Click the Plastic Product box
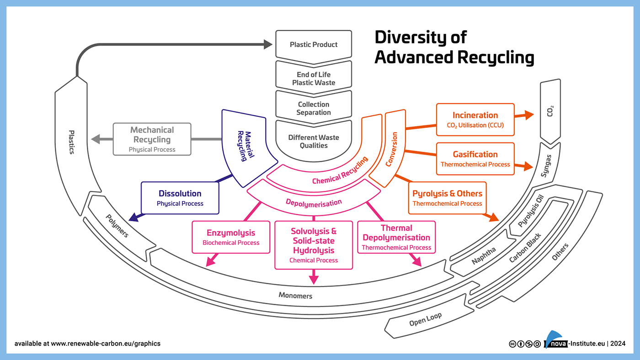[x=314, y=45]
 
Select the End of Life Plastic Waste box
[x=314, y=79]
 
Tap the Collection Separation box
[x=314, y=108]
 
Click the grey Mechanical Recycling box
[x=152, y=139]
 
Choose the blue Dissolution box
[x=180, y=198]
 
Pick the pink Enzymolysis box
[x=231, y=237]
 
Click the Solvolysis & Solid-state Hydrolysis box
[x=314, y=245]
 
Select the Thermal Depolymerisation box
[x=396, y=237]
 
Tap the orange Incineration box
[x=475, y=119]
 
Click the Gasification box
[x=475, y=159]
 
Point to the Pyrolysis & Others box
[x=447, y=197]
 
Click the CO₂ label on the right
[x=550, y=111]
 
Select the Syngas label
[x=546, y=166]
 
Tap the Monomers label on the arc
[x=295, y=296]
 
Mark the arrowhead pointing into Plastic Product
[x=268, y=44]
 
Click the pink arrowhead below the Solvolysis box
[x=314, y=279]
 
